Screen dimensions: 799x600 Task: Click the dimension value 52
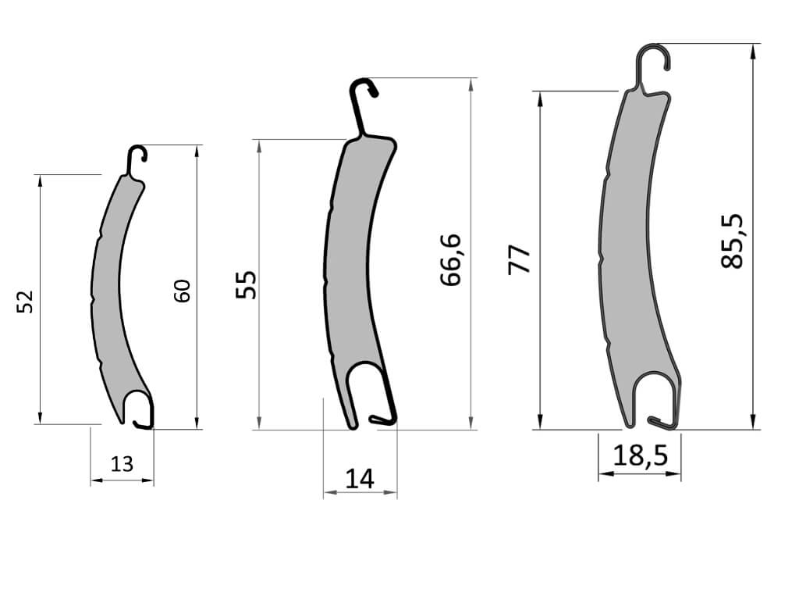click(x=25, y=302)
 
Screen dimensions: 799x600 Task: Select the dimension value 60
click(x=182, y=291)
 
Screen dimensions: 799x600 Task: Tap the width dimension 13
click(x=122, y=464)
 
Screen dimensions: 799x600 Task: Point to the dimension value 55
click(x=247, y=284)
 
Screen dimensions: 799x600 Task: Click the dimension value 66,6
click(x=450, y=259)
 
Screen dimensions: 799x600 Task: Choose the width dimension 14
click(x=360, y=479)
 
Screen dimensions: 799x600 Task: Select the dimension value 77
click(x=519, y=259)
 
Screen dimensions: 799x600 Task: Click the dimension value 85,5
click(x=732, y=241)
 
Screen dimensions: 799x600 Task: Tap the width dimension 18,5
click(x=640, y=455)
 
